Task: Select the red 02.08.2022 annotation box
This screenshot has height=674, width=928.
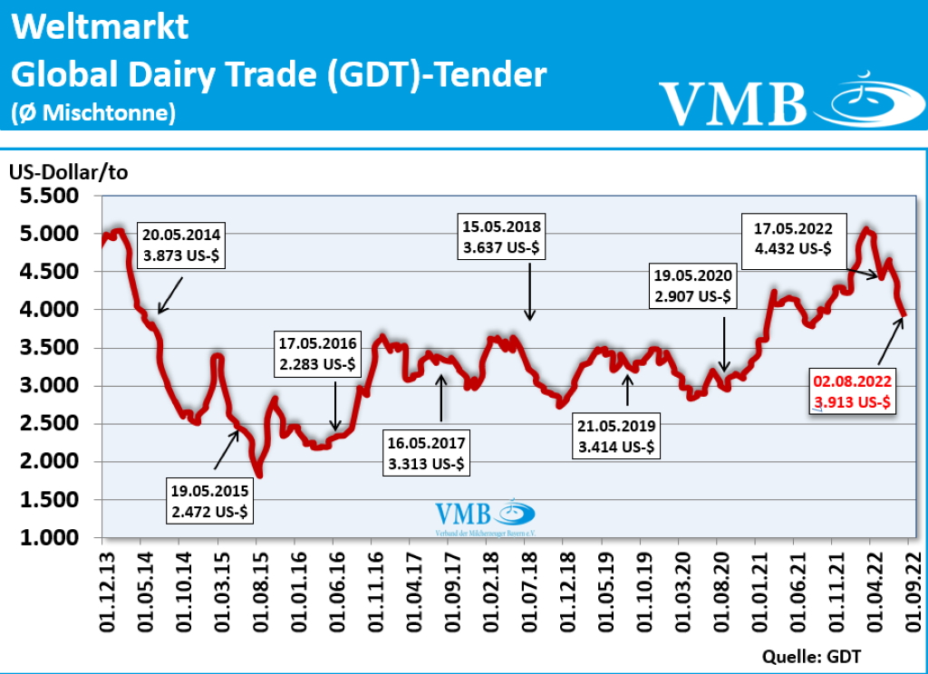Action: pyautogui.click(x=851, y=391)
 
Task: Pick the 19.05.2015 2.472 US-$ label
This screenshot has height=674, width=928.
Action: pyautogui.click(x=210, y=500)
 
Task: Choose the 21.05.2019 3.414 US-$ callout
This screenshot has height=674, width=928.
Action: pyautogui.click(x=617, y=436)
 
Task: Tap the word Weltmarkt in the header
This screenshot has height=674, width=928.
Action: pyautogui.click(x=101, y=26)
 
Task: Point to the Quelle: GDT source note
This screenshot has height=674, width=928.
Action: pyautogui.click(x=812, y=655)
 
